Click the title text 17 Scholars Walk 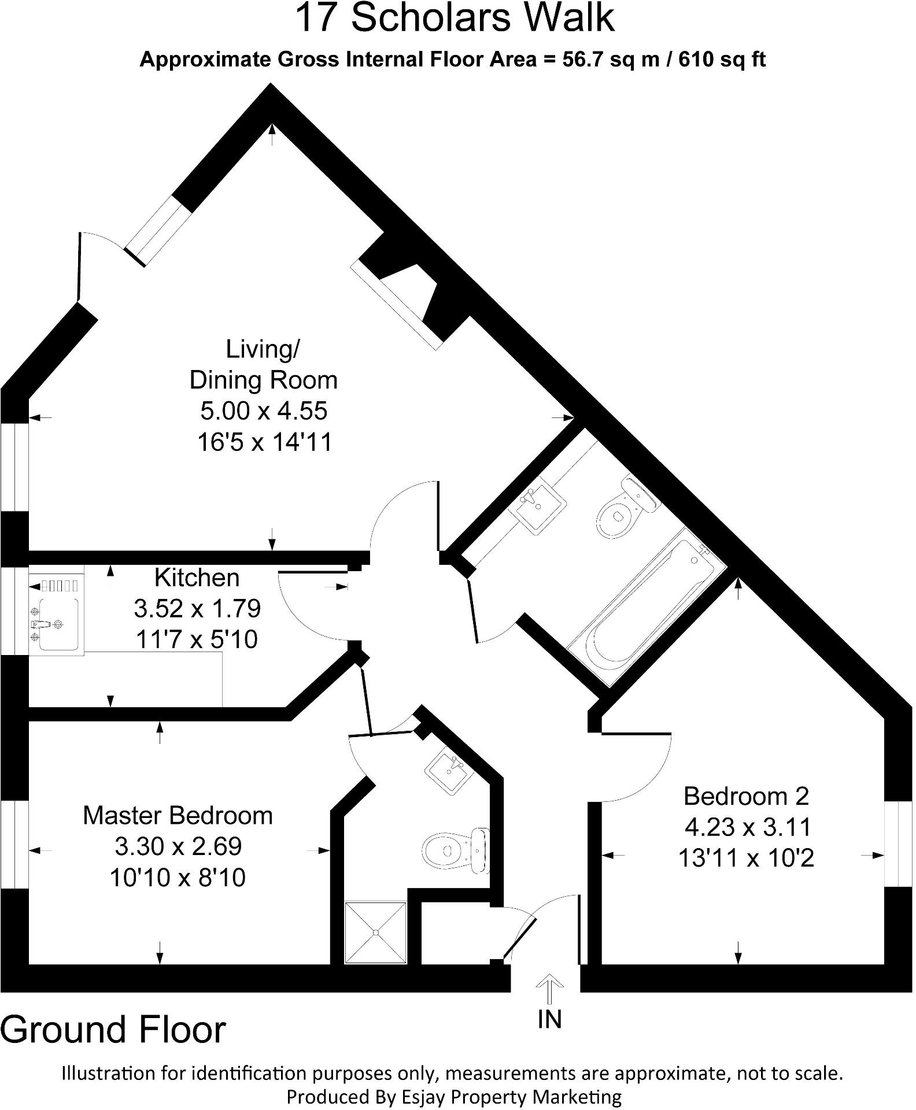click(x=455, y=18)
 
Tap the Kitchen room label click(x=197, y=578)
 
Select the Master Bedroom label click(x=178, y=815)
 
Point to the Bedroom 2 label click(x=746, y=796)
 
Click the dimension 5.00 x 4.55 click(x=264, y=411)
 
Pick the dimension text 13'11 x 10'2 click(x=746, y=858)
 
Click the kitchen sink click(x=57, y=624)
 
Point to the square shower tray click(x=375, y=932)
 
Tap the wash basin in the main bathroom click(x=537, y=504)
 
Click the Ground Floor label click(x=113, y=1030)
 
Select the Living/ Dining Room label click(x=264, y=364)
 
